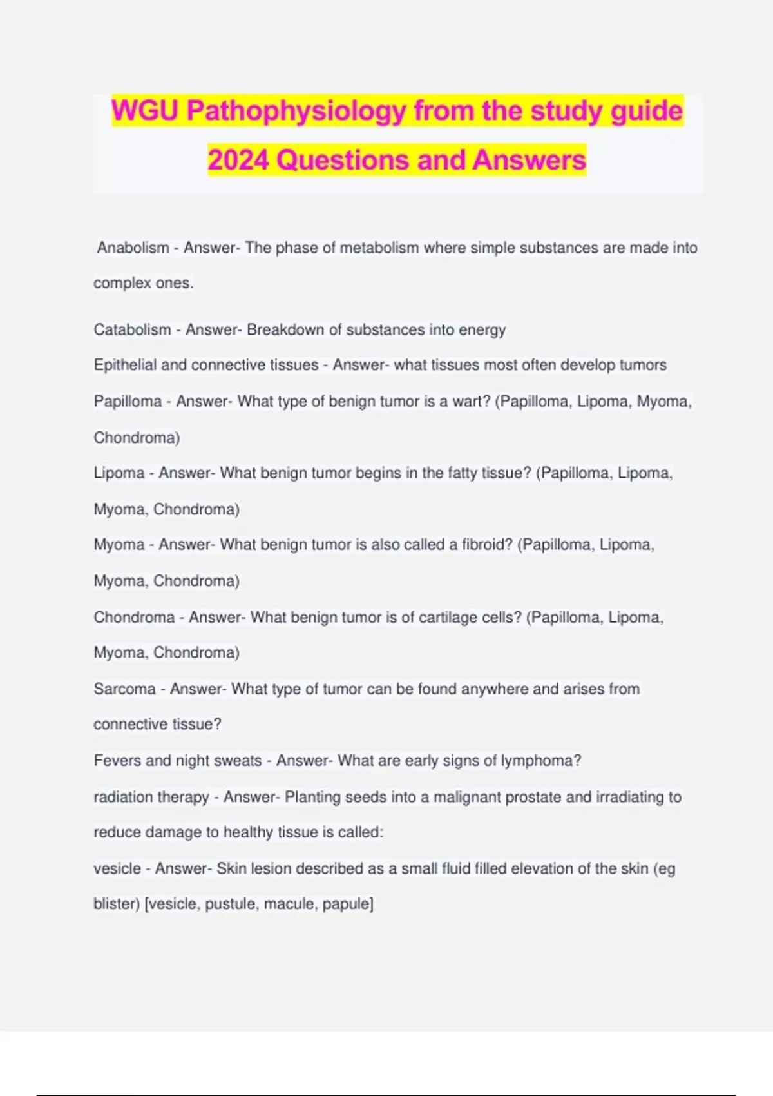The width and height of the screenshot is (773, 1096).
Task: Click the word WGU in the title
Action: click(146, 111)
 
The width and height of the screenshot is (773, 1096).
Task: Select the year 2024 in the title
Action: click(238, 161)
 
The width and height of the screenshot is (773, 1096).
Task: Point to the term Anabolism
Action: click(133, 248)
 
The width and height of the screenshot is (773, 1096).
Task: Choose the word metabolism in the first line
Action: click(379, 248)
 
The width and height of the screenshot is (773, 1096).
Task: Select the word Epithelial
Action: click(125, 365)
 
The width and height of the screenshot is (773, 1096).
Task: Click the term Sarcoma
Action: click(125, 689)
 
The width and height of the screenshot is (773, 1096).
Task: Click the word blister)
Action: click(117, 904)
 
